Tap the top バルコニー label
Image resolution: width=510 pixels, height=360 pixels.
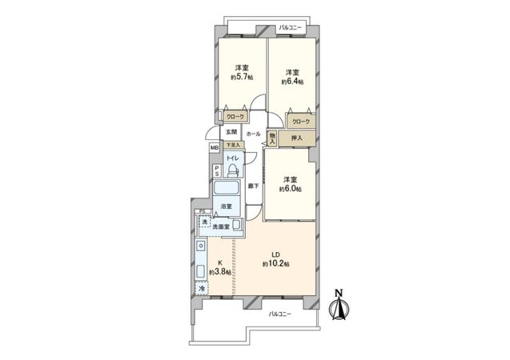pyautogui.click(x=290, y=29)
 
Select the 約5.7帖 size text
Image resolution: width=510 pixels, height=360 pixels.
pyautogui.click(x=240, y=78)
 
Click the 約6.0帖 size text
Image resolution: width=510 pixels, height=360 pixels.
pyautogui.click(x=289, y=190)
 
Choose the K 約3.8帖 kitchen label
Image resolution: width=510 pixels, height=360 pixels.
pyautogui.click(x=220, y=268)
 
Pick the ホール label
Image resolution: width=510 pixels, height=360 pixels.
pyautogui.click(x=253, y=134)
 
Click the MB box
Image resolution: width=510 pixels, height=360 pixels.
pyautogui.click(x=214, y=148)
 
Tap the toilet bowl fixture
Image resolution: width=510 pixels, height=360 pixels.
pyautogui.click(x=232, y=170)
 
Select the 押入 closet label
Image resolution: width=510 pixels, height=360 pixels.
pyautogui.click(x=296, y=138)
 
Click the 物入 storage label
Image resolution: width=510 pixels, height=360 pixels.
pyautogui.click(x=272, y=138)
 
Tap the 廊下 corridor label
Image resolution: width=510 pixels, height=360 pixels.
pyautogui.click(x=253, y=186)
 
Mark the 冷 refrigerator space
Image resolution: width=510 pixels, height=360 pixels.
pyautogui.click(x=202, y=288)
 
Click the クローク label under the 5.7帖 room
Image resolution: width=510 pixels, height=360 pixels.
pyautogui.click(x=235, y=117)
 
